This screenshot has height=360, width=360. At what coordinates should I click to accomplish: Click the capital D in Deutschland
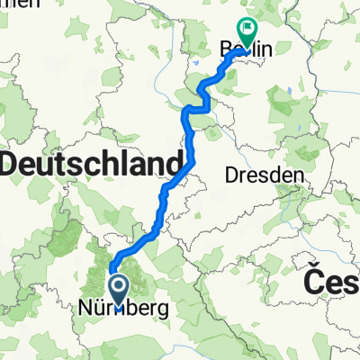click(13, 164)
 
